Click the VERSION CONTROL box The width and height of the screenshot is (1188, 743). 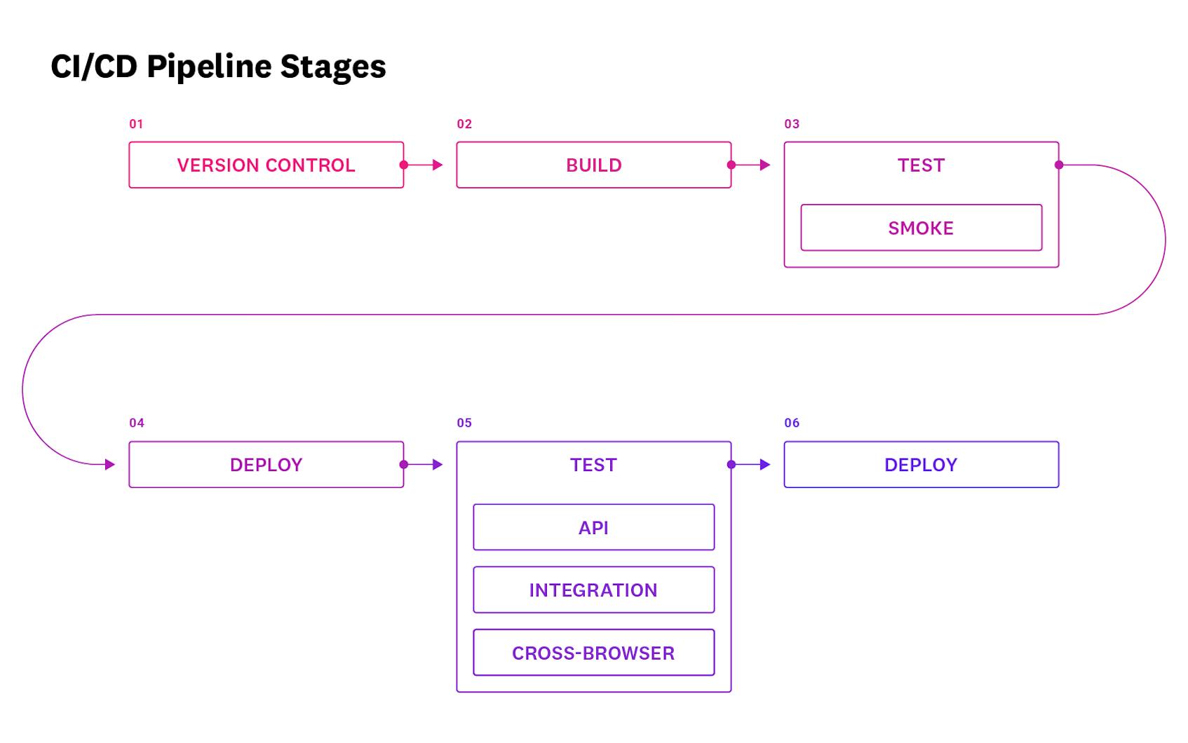tap(266, 165)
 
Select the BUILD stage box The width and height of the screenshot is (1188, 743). tap(593, 165)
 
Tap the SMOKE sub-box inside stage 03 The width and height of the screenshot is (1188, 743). tap(921, 228)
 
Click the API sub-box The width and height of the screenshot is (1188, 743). tap(593, 527)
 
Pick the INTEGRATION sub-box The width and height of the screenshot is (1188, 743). tap(593, 590)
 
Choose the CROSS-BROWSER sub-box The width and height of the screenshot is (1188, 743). tap(593, 653)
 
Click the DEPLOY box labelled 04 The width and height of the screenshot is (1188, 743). tap(266, 465)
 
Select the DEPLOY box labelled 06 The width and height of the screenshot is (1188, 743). tap(921, 465)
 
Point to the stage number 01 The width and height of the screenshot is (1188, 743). tap(136, 124)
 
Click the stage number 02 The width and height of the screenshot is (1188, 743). tap(464, 124)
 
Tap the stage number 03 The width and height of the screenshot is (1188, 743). tap(792, 124)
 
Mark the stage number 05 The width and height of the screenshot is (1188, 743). tap(464, 423)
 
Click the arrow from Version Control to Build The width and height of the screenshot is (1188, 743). tap(424, 165)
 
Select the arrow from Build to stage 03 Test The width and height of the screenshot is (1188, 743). tap(751, 165)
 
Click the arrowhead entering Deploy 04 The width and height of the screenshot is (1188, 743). tap(109, 464)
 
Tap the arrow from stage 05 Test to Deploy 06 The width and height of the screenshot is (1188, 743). tap(751, 465)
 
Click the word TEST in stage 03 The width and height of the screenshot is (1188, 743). tap(921, 165)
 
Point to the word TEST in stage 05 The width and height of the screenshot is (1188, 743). tap(593, 465)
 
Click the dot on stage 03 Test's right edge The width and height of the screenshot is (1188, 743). tap(1059, 165)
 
